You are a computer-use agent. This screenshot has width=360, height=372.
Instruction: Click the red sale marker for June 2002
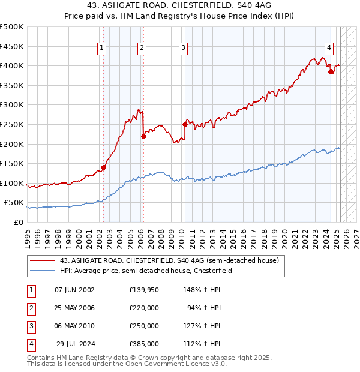tap(103, 167)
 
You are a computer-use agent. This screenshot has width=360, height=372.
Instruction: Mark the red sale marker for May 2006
tap(144, 136)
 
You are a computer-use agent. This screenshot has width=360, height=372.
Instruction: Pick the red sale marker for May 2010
tap(185, 124)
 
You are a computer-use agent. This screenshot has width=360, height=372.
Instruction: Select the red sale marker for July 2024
tap(331, 71)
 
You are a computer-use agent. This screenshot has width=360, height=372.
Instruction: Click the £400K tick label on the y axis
tap(12, 65)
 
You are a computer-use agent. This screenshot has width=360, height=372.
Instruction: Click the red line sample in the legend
tap(42, 261)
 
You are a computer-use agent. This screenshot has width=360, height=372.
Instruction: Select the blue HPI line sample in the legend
tap(42, 271)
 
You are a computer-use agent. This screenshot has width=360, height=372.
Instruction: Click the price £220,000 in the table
tap(144, 308)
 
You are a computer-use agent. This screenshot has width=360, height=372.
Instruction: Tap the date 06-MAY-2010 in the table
tap(74, 326)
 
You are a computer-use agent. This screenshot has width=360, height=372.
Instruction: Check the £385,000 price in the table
tap(144, 344)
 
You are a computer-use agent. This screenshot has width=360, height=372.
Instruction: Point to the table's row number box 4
tap(30, 344)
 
